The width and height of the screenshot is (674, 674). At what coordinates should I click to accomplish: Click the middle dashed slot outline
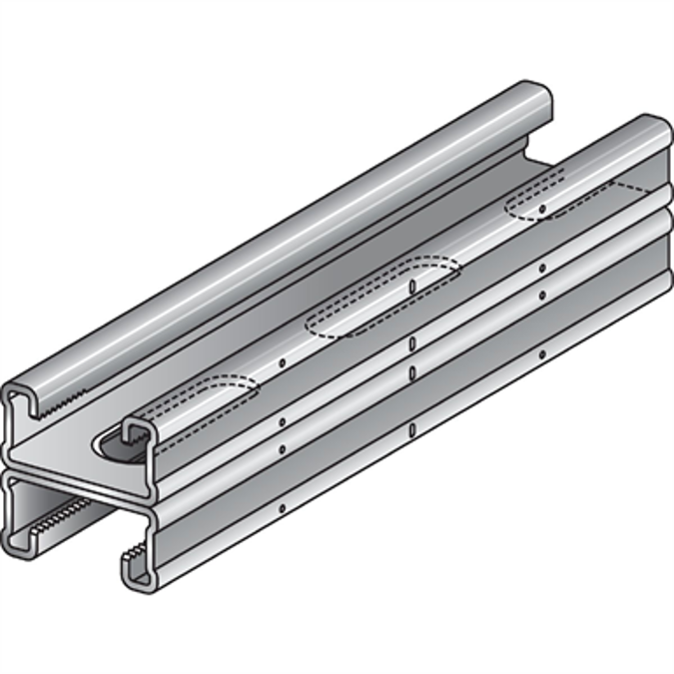(381, 297)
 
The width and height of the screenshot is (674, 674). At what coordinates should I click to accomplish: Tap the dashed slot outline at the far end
(559, 197)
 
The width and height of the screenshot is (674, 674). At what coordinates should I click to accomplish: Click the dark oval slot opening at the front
(117, 442)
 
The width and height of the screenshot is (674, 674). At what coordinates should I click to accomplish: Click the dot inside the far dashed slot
(541, 210)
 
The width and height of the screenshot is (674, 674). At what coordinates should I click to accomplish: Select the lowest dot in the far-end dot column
(542, 353)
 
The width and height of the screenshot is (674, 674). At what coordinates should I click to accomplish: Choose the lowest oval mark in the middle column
(411, 430)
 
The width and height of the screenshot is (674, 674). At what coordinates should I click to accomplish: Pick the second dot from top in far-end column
(542, 268)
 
